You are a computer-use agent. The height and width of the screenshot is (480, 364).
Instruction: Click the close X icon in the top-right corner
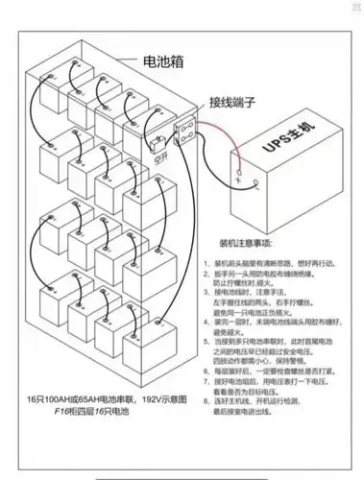pyautogui.click(x=352, y=9)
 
